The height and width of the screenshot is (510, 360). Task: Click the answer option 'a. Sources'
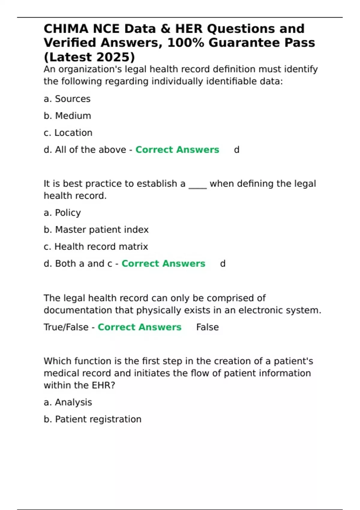(67, 99)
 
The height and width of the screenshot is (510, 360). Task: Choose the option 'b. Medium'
(67, 116)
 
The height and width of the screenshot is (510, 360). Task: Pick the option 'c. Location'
(68, 133)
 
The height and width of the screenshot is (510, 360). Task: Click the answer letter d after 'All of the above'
(237, 150)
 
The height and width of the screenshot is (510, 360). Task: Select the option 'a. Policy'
(62, 213)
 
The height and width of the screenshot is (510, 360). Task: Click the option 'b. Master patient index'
(96, 230)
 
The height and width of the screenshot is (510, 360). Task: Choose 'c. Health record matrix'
(96, 247)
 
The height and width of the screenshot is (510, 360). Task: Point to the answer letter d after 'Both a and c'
(223, 264)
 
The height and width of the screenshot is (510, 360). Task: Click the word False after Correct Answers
(207, 327)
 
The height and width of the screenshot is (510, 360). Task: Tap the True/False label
(66, 327)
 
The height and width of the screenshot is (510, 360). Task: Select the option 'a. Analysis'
(68, 402)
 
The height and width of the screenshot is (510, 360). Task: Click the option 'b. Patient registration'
(92, 419)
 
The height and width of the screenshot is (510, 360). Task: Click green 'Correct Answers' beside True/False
(139, 327)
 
